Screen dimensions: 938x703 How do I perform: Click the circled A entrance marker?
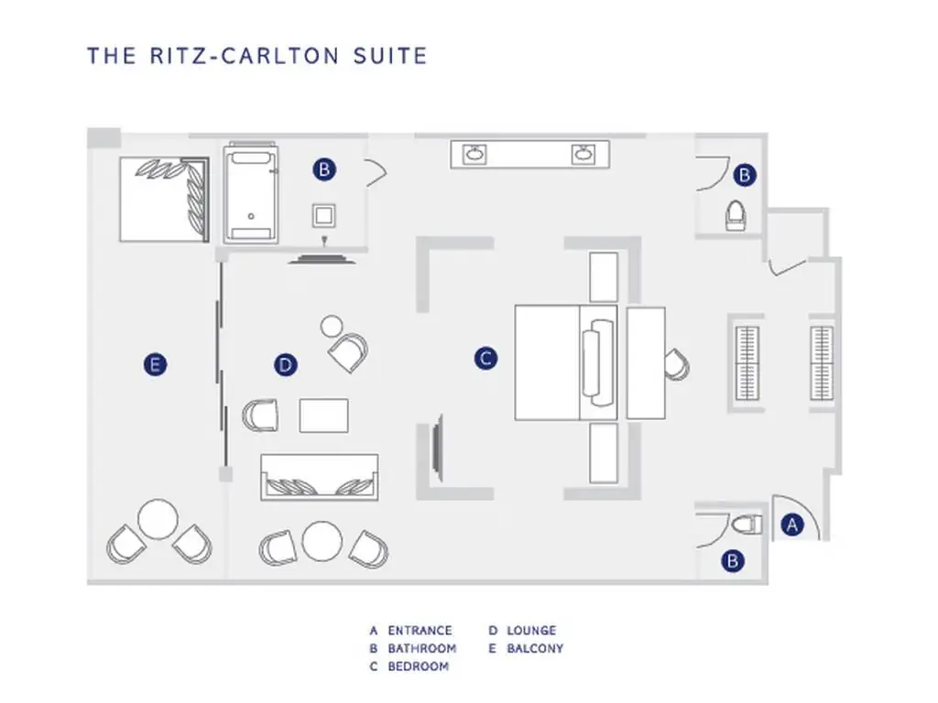pos(792,525)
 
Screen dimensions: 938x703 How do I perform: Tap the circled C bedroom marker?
pos(485,359)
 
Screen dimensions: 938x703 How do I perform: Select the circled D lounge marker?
pos(286,364)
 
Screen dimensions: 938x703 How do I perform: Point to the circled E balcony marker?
pos(156,364)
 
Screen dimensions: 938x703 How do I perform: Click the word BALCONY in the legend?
pos(535,648)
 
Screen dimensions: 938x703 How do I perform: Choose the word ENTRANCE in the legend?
pos(420,630)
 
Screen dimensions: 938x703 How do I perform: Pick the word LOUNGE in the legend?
pos(531,630)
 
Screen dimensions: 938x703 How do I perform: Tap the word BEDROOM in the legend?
pos(418,666)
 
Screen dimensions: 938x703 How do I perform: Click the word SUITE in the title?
pos(390,56)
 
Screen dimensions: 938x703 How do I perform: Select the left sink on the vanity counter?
pos(475,154)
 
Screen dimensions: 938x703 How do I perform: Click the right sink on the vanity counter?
pos(584,154)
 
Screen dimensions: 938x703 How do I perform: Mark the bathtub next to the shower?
pos(251,194)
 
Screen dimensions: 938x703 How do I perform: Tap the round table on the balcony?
pos(158,520)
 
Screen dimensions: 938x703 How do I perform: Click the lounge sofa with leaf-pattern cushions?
pos(320,477)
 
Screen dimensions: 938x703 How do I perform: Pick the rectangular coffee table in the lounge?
pos(323,416)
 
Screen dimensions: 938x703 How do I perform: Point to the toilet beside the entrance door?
pos(747,525)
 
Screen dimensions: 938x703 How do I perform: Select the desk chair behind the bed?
pos(677,364)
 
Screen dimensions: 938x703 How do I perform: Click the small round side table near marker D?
pos(332,327)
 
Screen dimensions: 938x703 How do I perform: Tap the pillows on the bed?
pos(598,363)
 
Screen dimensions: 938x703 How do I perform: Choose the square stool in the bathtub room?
pos(323,216)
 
